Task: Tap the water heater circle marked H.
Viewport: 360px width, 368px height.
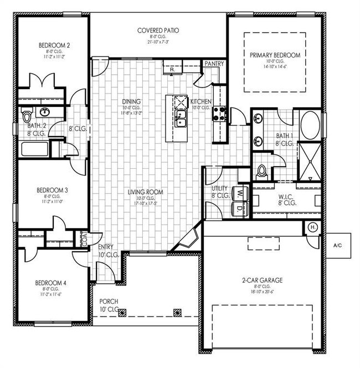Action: pyautogui.click(x=312, y=228)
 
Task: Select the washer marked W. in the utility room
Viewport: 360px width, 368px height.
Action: pyautogui.click(x=240, y=194)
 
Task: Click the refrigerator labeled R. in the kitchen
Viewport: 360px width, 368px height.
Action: pyautogui.click(x=172, y=69)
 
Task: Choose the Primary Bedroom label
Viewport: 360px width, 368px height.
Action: pyautogui.click(x=275, y=55)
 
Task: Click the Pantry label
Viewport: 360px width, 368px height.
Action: pyautogui.click(x=214, y=64)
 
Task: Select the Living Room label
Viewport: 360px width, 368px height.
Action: pyautogui.click(x=146, y=192)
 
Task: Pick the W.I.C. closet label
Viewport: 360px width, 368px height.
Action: pyautogui.click(x=287, y=196)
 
